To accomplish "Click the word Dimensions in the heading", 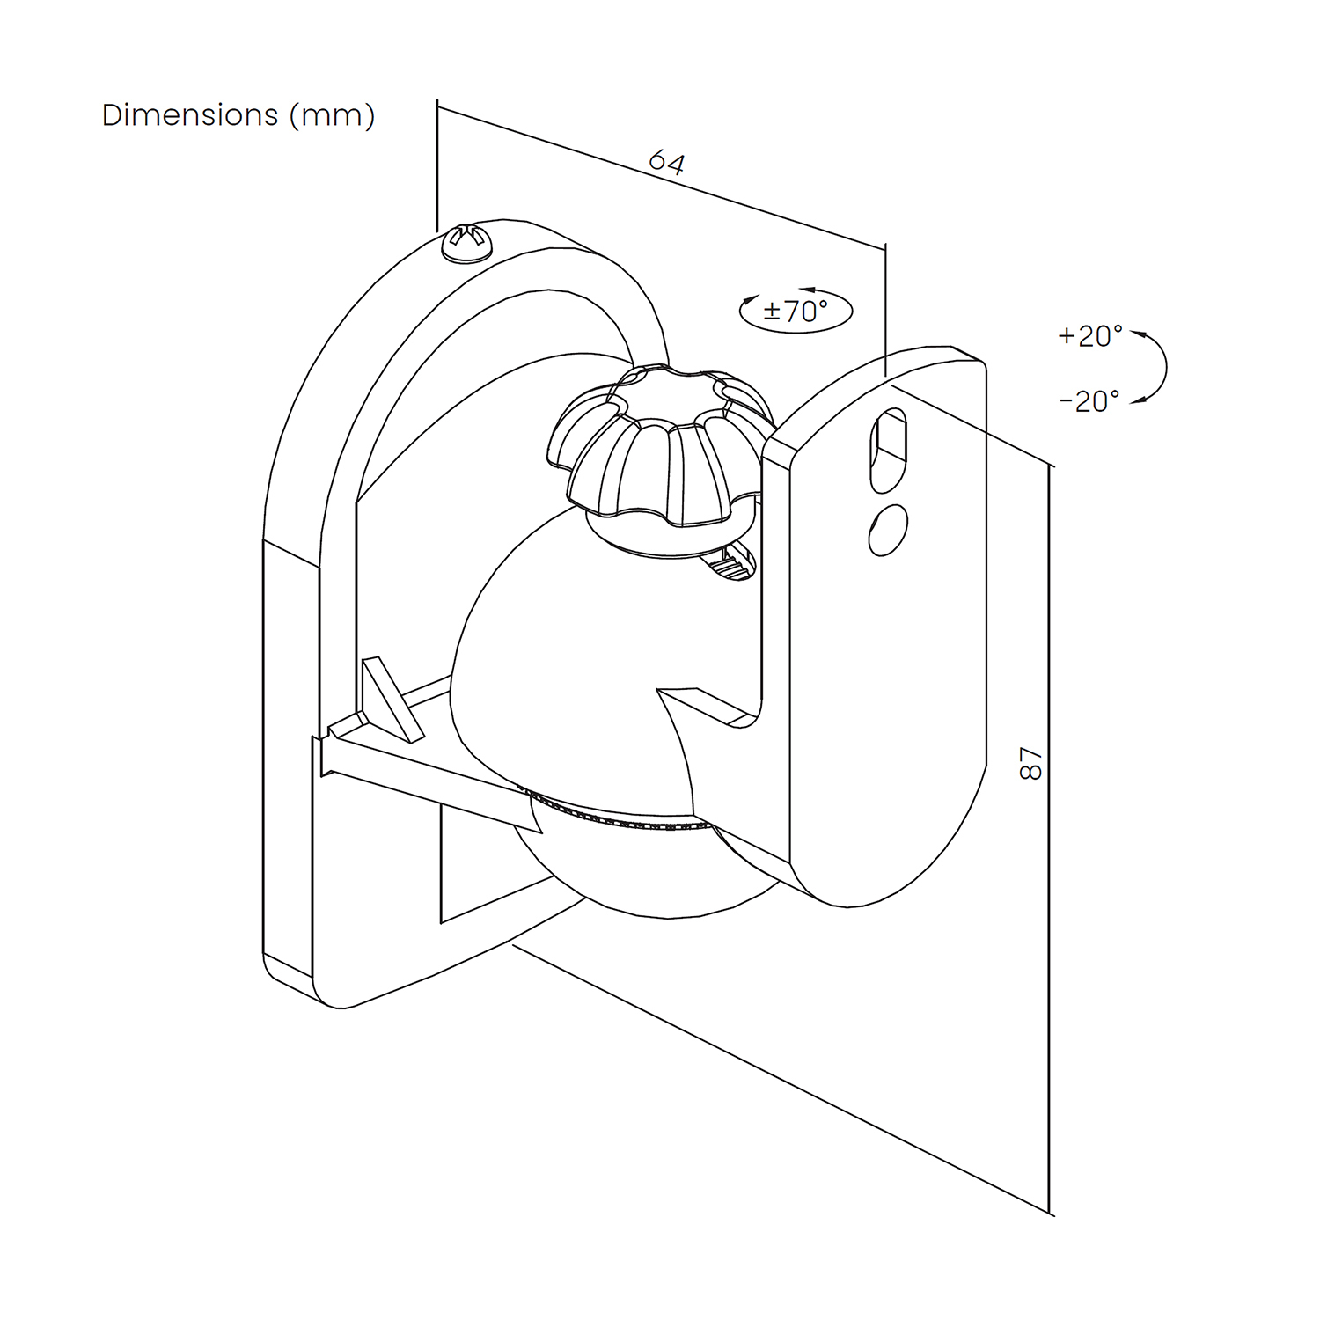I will tap(189, 115).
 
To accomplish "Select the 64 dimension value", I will tap(666, 163).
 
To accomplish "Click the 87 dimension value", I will tap(1030, 763).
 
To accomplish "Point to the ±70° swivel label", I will tap(795, 312).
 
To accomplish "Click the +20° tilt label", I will tap(1090, 336).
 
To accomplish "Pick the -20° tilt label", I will tap(1089, 401).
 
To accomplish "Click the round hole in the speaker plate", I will tap(888, 530).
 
